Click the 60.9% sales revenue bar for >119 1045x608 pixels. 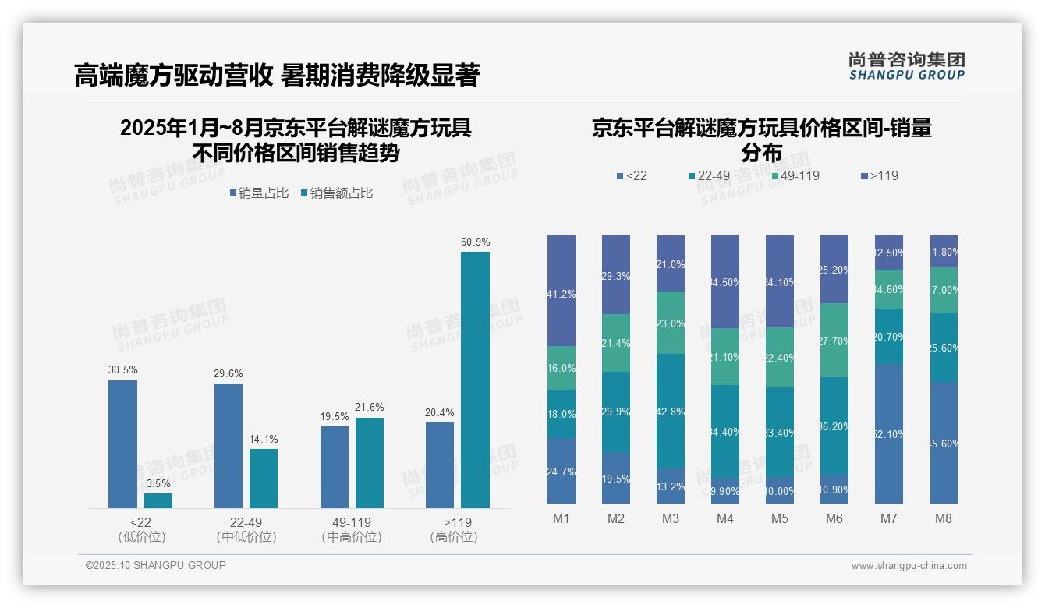[475, 380]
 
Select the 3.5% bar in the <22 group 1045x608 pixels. [158, 500]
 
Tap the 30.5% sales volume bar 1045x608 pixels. [122, 444]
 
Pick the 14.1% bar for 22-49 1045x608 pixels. [264, 478]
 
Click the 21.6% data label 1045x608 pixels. [369, 408]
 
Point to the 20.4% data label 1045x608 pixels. [440, 412]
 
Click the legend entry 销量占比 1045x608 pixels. [259, 193]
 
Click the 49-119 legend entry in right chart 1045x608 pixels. [795, 176]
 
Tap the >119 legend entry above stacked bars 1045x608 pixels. [880, 176]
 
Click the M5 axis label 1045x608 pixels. [779, 519]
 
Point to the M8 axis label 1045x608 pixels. [943, 519]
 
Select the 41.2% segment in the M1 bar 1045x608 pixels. [561, 291]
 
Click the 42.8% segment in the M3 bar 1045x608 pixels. [671, 411]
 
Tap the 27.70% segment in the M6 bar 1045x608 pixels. [834, 341]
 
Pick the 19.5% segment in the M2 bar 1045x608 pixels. [616, 478]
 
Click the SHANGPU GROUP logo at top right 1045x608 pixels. [906, 66]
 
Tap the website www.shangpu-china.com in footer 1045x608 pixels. [909, 566]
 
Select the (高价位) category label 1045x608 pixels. [453, 537]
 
